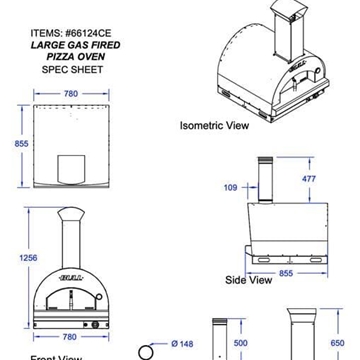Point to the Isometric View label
(215, 127)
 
